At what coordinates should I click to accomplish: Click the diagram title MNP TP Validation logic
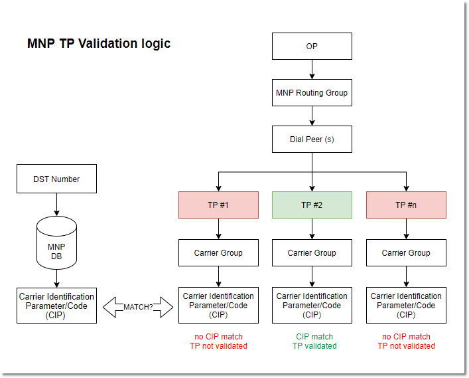click(99, 44)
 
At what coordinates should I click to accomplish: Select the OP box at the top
click(312, 47)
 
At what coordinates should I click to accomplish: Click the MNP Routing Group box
click(312, 93)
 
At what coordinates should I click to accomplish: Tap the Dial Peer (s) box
click(312, 140)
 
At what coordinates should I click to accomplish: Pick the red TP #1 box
click(218, 205)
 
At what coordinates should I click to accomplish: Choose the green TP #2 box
click(312, 205)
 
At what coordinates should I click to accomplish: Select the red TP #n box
click(406, 205)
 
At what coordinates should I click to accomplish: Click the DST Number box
click(56, 179)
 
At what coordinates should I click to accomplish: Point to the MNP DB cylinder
click(56, 242)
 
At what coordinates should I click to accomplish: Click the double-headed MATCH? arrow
click(137, 307)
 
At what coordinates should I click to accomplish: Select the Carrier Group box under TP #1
click(218, 253)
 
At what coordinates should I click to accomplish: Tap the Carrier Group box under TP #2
click(312, 253)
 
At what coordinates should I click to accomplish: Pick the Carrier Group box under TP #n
click(406, 253)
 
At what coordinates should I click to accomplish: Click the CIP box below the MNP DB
click(56, 306)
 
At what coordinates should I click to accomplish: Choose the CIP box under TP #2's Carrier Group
click(312, 306)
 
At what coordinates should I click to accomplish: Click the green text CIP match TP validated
click(314, 341)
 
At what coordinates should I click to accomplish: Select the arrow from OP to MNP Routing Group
click(312, 70)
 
